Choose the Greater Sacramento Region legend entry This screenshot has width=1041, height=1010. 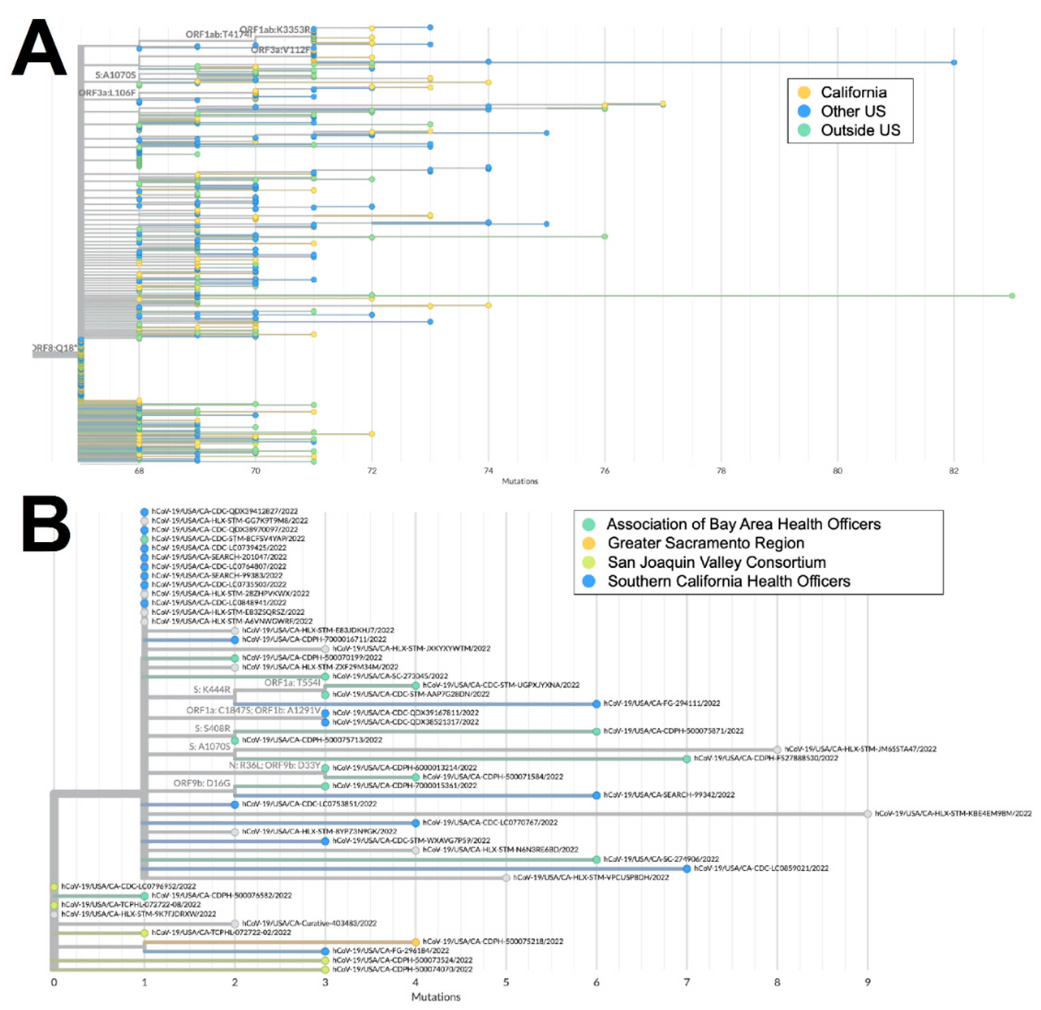click(705, 543)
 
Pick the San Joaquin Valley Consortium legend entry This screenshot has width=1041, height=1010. click(716, 562)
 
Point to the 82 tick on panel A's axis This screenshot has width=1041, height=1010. click(954, 471)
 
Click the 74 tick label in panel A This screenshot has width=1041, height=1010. click(488, 471)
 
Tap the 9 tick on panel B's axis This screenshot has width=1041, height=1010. click(867, 982)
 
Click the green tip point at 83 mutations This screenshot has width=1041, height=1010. click(1012, 295)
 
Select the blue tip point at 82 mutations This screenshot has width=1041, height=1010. click(954, 63)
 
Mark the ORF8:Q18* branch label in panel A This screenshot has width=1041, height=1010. click(55, 348)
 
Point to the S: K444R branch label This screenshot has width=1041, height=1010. click(212, 690)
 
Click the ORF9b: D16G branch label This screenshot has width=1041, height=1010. click(202, 783)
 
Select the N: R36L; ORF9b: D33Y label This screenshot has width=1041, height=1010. click(274, 766)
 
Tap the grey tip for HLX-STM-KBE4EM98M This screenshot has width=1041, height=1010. click(867, 813)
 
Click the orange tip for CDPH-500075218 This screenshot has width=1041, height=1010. click(415, 942)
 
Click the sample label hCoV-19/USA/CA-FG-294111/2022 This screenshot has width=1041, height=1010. click(662, 704)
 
